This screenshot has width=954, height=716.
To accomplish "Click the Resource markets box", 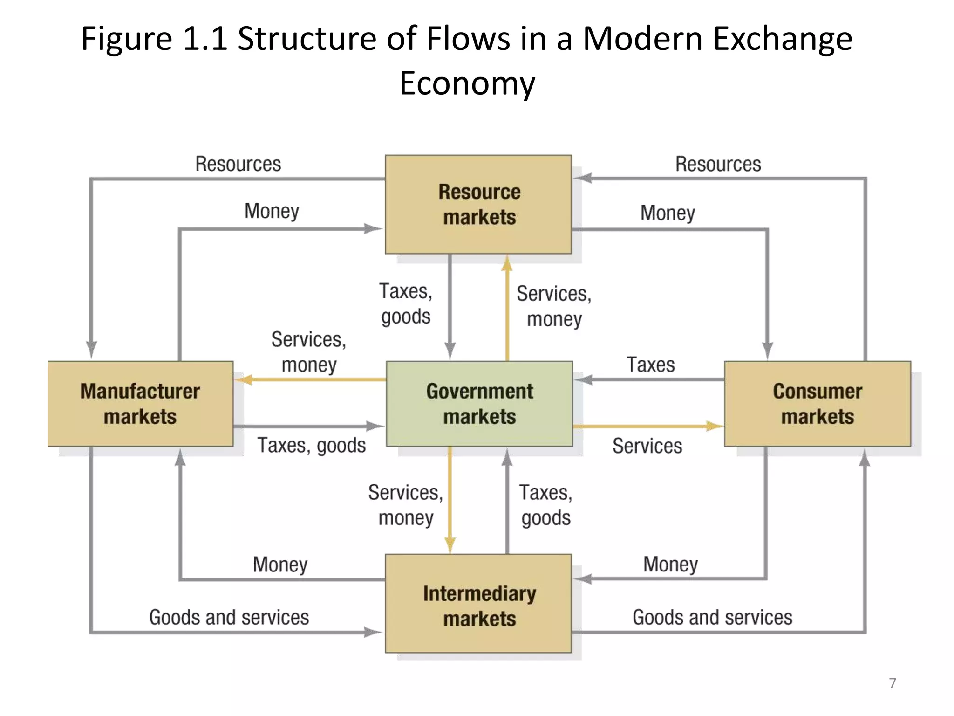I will [x=478, y=204].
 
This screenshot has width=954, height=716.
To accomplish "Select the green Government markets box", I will [x=479, y=403].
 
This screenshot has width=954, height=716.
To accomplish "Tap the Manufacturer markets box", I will [x=140, y=403].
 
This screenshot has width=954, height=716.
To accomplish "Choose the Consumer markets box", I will [x=818, y=403].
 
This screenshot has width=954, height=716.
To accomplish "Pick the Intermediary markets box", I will [x=478, y=604].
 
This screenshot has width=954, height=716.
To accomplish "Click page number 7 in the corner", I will [x=892, y=683].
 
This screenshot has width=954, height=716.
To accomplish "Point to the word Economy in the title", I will [x=467, y=83].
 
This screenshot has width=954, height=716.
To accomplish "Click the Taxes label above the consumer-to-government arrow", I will [x=650, y=365].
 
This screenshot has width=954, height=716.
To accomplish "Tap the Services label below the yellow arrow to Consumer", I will [x=647, y=446].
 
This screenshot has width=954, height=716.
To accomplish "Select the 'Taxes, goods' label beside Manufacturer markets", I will [x=311, y=445].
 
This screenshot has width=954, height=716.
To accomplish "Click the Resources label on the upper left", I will [x=238, y=164].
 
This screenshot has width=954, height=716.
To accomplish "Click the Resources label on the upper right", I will [x=718, y=164].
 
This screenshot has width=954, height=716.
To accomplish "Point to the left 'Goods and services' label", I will [x=229, y=617].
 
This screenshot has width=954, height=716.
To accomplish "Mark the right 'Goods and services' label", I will [x=712, y=617].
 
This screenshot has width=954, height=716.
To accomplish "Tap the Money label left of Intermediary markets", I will [x=280, y=565].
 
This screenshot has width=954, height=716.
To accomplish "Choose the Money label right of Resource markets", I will [x=668, y=213].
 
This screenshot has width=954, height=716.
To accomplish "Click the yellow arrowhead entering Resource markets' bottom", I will [x=507, y=264].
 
